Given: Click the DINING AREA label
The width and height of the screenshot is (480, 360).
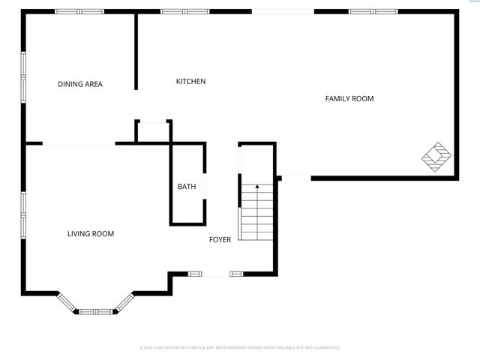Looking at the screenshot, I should coord(80,84).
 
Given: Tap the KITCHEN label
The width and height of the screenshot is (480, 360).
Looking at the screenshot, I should coord(190,81).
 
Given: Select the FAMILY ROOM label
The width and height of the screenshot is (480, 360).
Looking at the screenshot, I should coord(349,98).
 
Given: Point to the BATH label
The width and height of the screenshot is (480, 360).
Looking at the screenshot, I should coord(187,187).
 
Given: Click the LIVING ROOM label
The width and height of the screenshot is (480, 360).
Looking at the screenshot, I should coord(91,234).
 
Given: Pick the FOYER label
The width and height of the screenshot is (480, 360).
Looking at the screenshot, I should coord(220,239).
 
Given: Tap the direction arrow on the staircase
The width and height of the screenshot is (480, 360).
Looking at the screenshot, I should coord(257,187).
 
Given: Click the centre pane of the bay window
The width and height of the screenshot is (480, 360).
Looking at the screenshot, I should coord(96,310).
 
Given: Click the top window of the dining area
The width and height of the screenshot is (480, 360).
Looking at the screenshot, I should coord(79,11).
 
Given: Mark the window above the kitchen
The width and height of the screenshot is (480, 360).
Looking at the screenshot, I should coord(185,11).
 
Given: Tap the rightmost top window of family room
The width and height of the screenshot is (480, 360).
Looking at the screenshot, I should coord(373,11).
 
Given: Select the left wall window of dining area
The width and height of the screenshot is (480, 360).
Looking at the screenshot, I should coord(23,76).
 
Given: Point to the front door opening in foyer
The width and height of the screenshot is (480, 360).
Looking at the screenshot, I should coord(216,274).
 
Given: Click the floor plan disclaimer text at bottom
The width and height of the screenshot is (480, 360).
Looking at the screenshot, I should coord(240,348).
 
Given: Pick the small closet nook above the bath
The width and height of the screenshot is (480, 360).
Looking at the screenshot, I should coord(153,131).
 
